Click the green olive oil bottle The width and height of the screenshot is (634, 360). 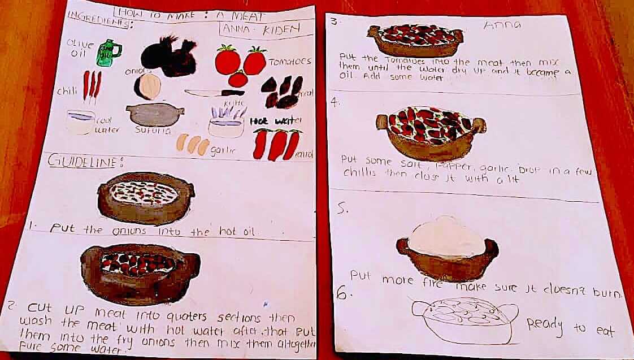coord(107,53)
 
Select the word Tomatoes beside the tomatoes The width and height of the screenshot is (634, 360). coord(289,61)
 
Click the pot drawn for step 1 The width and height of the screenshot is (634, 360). coord(146,198)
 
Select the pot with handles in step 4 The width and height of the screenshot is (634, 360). coord(431,133)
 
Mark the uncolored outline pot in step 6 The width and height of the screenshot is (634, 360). coord(464,319)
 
